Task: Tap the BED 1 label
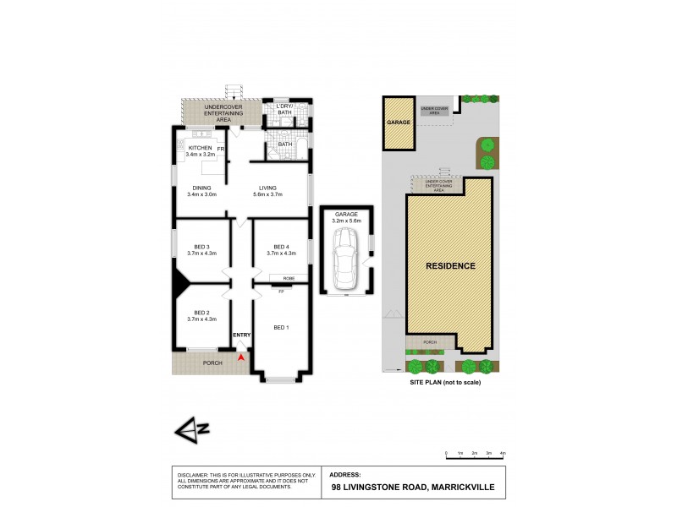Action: point(281,326)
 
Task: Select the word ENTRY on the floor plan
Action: point(242,335)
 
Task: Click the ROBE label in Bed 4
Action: point(288,278)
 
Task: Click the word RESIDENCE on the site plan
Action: point(450,265)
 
